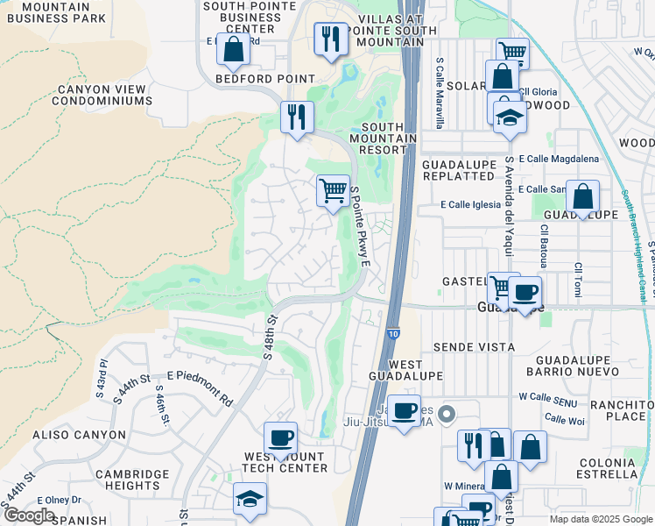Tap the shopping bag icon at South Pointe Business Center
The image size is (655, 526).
click(x=233, y=50)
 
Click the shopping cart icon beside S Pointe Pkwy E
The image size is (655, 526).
click(x=333, y=190)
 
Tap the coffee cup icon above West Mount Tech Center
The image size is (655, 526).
click(x=280, y=437)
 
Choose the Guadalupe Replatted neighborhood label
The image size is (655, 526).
click(x=458, y=170)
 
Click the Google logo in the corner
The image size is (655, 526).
click(x=30, y=515)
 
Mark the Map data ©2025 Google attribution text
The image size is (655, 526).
click(x=601, y=519)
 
